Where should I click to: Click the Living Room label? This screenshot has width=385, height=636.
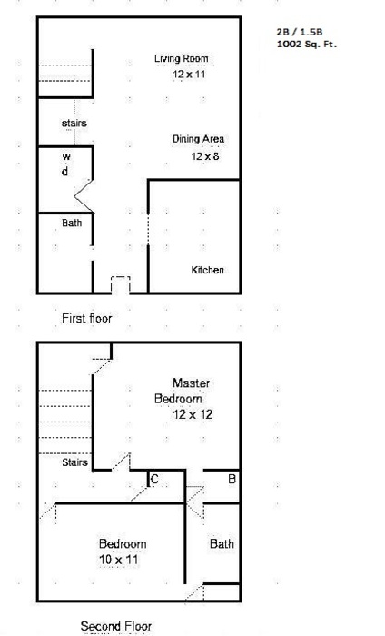[182, 58]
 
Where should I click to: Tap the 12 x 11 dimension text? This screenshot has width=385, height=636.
[189, 75]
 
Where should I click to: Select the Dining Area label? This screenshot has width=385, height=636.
[198, 139]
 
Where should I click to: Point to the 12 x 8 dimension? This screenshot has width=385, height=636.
[205, 156]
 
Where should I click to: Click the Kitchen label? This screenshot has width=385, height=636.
[208, 270]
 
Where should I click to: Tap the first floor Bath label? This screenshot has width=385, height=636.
[72, 223]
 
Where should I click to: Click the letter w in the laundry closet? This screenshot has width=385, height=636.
[66, 156]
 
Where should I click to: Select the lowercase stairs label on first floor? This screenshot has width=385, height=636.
[74, 123]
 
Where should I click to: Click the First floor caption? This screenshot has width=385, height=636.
[87, 318]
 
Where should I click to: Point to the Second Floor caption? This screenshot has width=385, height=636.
[116, 626]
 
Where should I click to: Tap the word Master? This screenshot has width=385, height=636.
[192, 383]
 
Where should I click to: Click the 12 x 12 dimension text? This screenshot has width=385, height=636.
[192, 414]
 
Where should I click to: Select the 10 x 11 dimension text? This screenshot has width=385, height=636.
[118, 560]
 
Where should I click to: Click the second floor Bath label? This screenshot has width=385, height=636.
[222, 543]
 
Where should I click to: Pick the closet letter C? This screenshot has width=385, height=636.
[154, 480]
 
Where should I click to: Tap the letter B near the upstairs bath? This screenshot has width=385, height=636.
[232, 479]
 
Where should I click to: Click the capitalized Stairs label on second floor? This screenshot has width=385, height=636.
[74, 462]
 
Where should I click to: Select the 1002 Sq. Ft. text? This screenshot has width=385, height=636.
[306, 44]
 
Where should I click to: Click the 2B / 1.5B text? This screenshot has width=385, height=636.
[300, 32]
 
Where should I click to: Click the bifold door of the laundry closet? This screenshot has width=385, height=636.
[84, 196]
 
